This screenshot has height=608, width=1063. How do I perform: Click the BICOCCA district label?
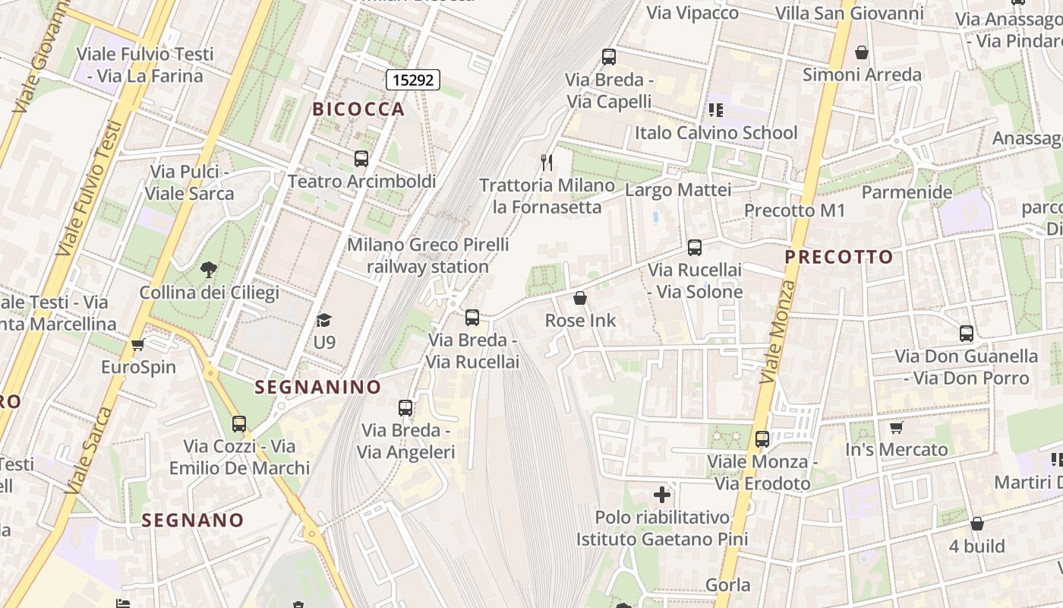[359, 109]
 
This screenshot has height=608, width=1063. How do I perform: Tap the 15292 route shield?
[413, 79]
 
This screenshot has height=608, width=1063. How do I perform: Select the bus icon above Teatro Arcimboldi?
[361, 159]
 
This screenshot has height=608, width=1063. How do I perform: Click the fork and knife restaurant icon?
[546, 162]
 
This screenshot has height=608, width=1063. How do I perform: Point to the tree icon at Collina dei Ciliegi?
[208, 269]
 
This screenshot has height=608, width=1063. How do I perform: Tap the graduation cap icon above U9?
[324, 320]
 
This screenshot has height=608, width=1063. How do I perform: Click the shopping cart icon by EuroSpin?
[137, 345]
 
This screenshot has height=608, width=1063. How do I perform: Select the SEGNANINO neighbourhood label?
[317, 387]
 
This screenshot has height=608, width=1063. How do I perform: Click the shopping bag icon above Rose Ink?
[580, 298]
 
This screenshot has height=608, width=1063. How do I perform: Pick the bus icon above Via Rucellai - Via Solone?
[694, 247]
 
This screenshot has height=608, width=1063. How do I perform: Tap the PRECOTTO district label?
[839, 257]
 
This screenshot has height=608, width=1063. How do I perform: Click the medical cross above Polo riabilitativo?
[662, 496]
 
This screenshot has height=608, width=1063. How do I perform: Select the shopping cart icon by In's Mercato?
[896, 427]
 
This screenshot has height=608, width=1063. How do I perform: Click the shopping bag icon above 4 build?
[977, 524]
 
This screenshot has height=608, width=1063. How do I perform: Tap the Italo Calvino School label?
[716, 133]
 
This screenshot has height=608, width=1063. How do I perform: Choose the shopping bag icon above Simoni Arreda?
[862, 52]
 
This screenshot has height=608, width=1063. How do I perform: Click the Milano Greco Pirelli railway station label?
[428, 256]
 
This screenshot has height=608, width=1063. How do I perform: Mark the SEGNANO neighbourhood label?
[193, 521]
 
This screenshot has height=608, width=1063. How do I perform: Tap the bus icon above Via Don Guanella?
[966, 333]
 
